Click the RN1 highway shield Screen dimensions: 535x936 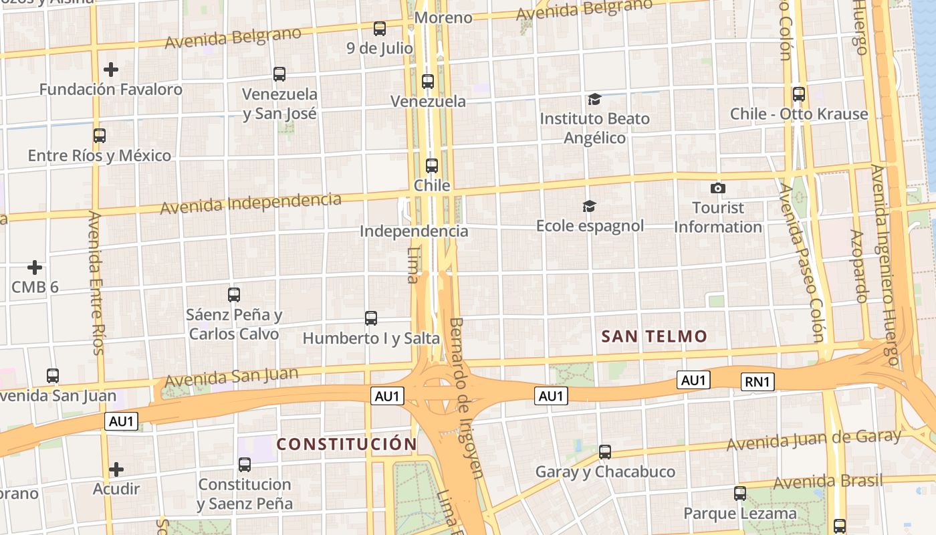point(758,383)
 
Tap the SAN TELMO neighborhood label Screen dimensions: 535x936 point(654,336)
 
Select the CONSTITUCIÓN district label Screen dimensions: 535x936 point(347,444)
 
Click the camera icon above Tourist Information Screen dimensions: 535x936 point(718,189)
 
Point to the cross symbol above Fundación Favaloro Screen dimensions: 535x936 point(111,70)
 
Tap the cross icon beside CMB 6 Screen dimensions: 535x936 point(35,268)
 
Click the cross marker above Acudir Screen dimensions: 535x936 point(116,469)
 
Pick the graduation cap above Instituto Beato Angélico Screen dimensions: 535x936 point(594,100)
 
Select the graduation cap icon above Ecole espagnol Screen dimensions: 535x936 point(589,206)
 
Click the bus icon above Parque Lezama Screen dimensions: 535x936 point(740,494)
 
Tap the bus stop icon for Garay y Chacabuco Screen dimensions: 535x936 point(605,452)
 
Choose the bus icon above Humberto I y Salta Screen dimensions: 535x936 point(371,318)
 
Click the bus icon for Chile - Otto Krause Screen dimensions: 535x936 point(799,94)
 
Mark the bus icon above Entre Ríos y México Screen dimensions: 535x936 point(100,136)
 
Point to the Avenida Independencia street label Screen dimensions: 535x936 point(251,203)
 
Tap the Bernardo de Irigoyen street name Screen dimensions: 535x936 point(466,397)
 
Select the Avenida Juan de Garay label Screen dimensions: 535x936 point(814,440)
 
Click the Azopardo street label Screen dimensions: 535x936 point(859,266)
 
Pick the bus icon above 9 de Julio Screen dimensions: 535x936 point(380,29)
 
